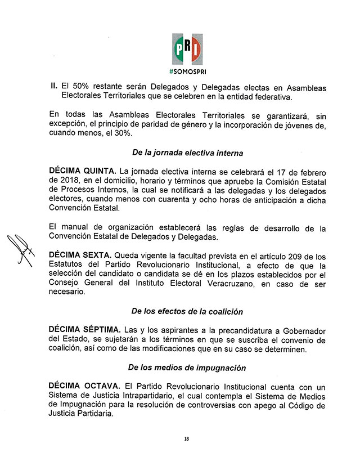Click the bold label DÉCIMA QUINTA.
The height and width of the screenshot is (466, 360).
tap(79, 171)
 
